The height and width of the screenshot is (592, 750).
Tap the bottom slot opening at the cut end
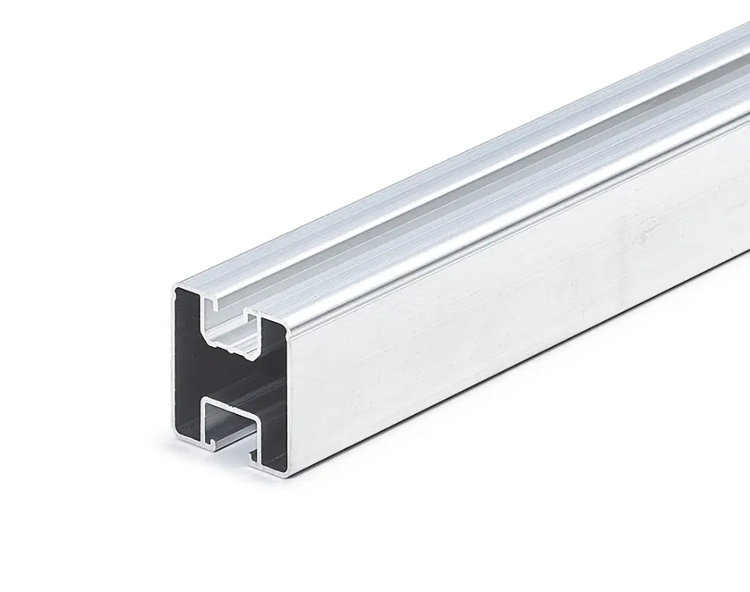click(x=229, y=449)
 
